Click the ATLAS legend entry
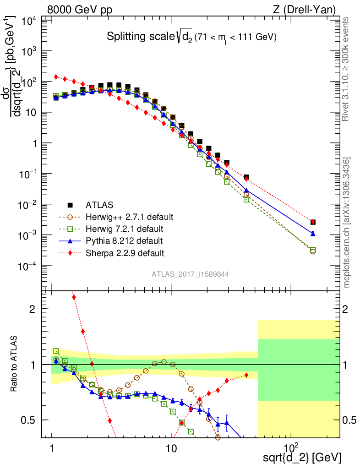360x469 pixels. pyautogui.click(x=98, y=204)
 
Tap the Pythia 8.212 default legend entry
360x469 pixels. pyautogui.click(x=124, y=240)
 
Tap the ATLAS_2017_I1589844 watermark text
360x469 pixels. pyautogui.click(x=191, y=274)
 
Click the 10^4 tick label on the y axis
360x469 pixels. pyautogui.click(x=28, y=21)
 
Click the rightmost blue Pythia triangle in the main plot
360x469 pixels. pyautogui.click(x=313, y=234)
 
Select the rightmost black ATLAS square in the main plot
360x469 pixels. pyautogui.click(x=313, y=222)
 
